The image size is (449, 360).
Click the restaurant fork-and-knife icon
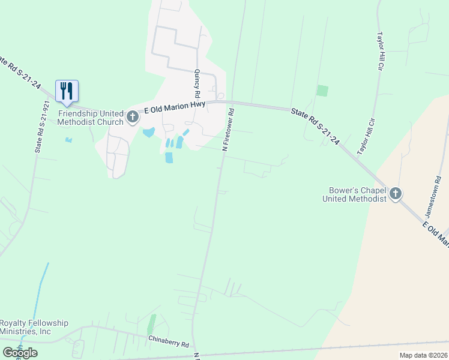(67, 91)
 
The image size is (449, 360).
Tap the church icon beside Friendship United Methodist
(133, 117)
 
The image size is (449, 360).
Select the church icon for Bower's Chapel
(395, 194)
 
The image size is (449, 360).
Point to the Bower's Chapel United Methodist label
(354, 194)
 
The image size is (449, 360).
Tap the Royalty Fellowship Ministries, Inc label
(34, 327)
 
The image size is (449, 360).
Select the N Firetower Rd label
(228, 129)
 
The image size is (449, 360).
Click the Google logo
(20, 352)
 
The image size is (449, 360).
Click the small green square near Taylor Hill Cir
(322, 91)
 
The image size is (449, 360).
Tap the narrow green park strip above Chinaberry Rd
(152, 325)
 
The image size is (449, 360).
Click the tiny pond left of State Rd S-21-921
(68, 140)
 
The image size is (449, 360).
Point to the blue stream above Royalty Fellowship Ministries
(40, 288)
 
